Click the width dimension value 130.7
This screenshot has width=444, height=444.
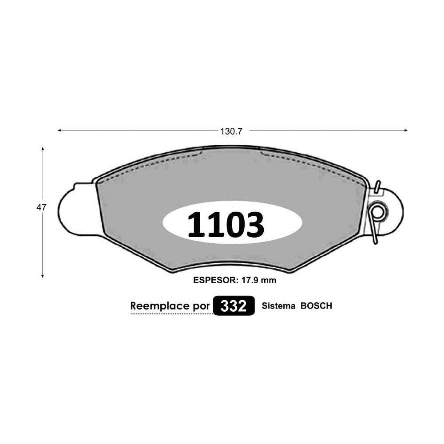point(231,131)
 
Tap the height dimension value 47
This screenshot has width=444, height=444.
point(41,207)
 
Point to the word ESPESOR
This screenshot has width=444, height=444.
point(214,280)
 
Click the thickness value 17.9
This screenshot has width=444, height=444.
point(250,280)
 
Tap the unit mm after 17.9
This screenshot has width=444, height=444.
point(269,281)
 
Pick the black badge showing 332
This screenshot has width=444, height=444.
point(234,306)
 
